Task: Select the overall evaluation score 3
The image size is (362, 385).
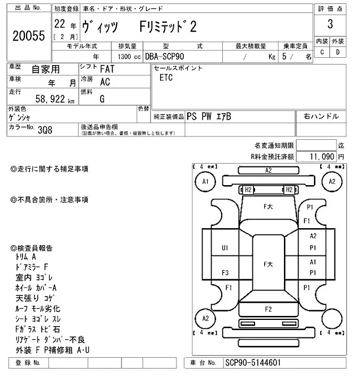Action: (330, 24)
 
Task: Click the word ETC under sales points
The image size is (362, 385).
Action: (166, 78)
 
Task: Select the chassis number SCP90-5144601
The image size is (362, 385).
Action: (253, 362)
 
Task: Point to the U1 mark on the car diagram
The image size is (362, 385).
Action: (225, 247)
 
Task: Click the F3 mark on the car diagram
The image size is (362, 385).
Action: (225, 272)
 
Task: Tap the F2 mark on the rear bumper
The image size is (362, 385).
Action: (268, 309)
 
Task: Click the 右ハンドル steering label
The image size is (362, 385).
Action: (321, 116)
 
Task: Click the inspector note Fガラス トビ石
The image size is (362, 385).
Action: (37, 329)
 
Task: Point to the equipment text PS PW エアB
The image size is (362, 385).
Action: (209, 116)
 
